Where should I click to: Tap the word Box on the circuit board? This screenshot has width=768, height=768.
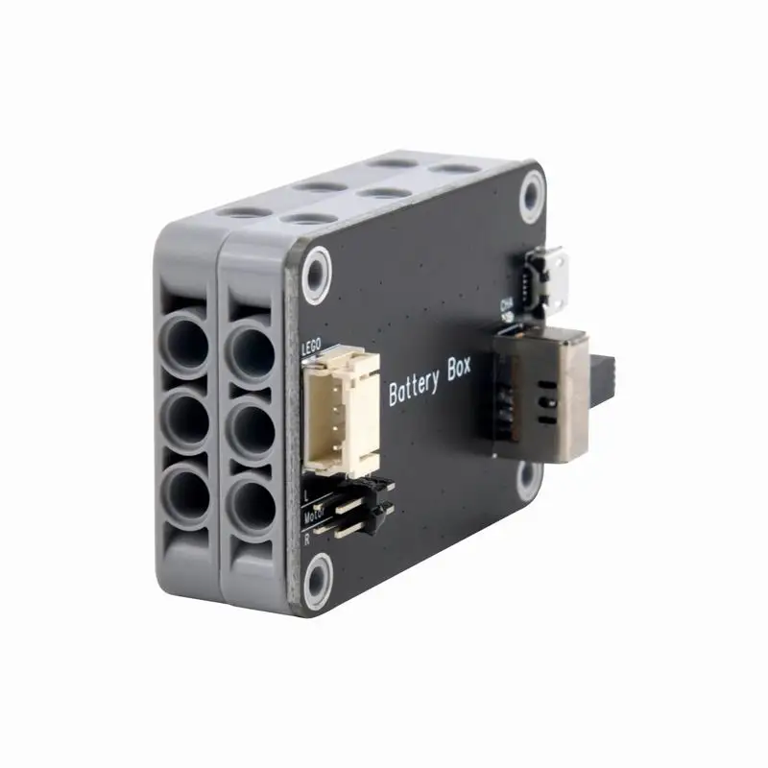pyautogui.click(x=459, y=375)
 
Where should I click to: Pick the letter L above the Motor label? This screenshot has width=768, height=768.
pyautogui.click(x=305, y=495)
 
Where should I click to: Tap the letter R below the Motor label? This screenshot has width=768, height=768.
pyautogui.click(x=306, y=540)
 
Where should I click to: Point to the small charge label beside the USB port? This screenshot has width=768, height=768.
pyautogui.click(x=508, y=306)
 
